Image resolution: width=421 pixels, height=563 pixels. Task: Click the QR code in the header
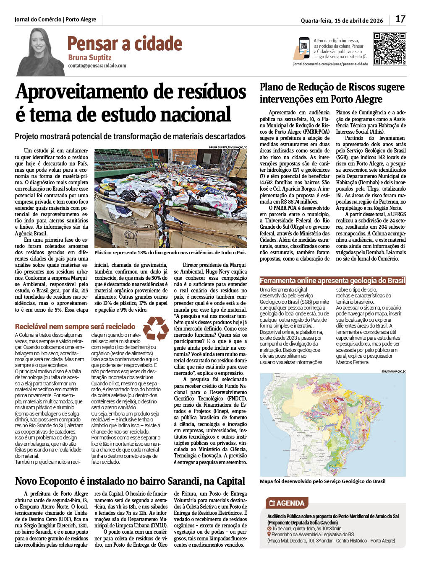tap(390, 49)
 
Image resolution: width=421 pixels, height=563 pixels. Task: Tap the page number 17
tap(400, 19)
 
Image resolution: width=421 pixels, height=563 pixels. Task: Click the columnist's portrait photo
tap(41, 52)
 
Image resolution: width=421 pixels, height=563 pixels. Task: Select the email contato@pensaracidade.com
tap(97, 66)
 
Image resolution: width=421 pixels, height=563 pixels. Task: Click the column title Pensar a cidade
tap(125, 44)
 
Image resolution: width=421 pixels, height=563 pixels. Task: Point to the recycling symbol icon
tap(156, 328)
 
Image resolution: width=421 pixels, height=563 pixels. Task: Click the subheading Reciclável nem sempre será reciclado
tap(75, 327)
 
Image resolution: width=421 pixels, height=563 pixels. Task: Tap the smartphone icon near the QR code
tap(304, 48)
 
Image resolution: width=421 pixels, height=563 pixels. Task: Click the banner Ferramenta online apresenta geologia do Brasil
tap(332, 281)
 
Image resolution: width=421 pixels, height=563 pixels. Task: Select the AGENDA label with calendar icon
tap(287, 503)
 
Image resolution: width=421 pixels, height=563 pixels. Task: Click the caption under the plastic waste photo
tap(170, 253)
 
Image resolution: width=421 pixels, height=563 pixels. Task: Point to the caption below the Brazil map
tap(322, 481)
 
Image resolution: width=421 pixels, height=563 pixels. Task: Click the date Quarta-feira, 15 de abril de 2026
tap(342, 21)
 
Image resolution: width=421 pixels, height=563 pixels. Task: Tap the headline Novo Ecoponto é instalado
tap(130, 481)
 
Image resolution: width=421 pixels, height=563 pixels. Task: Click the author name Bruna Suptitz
tap(90, 57)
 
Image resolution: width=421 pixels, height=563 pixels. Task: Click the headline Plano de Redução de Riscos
tap(332, 93)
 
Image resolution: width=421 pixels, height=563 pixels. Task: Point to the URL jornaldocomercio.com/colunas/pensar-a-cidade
tap(330, 64)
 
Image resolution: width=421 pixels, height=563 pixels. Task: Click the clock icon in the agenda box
tap(269, 529)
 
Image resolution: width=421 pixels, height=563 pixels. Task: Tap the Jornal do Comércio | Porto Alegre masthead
tap(55, 20)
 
